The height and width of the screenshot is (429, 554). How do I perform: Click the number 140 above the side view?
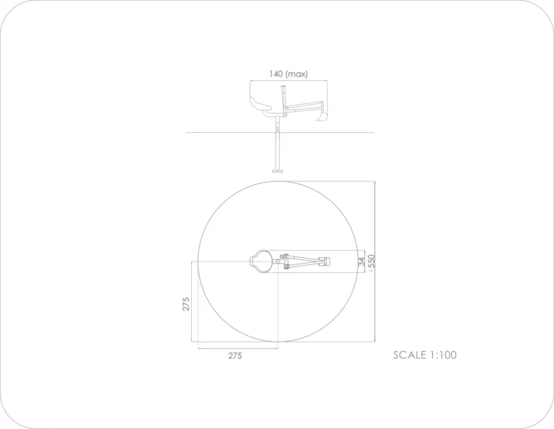pyautogui.click(x=276, y=74)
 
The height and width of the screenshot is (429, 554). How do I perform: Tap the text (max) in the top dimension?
pyautogui.click(x=296, y=74)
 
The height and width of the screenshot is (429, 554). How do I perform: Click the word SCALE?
pyautogui.click(x=410, y=355)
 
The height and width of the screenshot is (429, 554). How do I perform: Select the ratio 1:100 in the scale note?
pyautogui.click(x=443, y=355)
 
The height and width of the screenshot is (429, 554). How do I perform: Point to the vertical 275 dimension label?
pyautogui.click(x=186, y=304)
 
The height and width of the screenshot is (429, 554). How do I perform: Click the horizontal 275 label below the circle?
pyautogui.click(x=235, y=356)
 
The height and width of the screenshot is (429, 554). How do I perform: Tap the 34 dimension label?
pyautogui.click(x=361, y=261)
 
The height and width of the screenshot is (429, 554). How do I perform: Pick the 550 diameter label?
pyautogui.click(x=371, y=261)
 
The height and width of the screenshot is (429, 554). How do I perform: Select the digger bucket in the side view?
pyautogui.click(x=323, y=116)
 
